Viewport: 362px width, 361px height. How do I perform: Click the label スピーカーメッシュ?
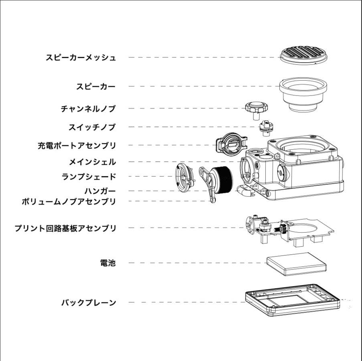point(81,57)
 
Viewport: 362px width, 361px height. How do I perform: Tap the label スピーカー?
point(96,86)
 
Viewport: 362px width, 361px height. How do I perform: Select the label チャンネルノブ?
point(88,109)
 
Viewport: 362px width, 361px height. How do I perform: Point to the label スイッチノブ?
point(92,127)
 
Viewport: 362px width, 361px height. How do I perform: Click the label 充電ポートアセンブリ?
point(77,145)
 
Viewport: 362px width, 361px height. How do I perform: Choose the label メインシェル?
point(92,162)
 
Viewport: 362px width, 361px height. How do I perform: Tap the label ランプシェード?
point(89,176)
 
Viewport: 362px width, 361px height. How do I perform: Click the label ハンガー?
point(100,191)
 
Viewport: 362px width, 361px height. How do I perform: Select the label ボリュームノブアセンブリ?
point(69,201)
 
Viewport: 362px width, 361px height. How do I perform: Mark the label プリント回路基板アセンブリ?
point(65,228)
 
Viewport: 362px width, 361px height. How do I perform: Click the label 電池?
point(108,263)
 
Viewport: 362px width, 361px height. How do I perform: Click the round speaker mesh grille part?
point(303,55)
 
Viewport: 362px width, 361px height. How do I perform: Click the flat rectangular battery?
point(296,264)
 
